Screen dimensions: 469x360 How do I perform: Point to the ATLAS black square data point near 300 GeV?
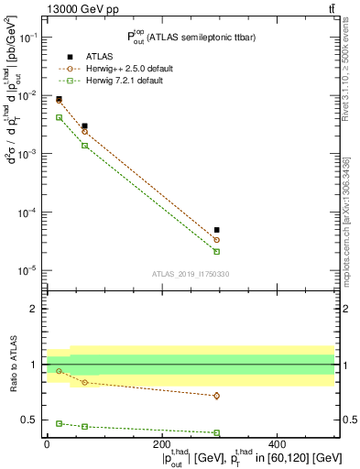pos(217,230)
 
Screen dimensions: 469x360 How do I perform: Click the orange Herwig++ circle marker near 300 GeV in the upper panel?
pos(217,240)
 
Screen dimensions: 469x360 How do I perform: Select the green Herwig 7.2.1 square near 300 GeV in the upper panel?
pos(217,251)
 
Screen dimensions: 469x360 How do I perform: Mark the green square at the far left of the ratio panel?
pos(60,423)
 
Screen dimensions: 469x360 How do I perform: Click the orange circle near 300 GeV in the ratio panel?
pos(217,396)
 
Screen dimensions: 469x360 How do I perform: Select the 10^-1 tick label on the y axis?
pos(28,38)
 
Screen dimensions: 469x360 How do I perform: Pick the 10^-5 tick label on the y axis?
pos(28,270)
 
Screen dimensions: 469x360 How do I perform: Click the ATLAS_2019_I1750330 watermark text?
pos(191,274)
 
